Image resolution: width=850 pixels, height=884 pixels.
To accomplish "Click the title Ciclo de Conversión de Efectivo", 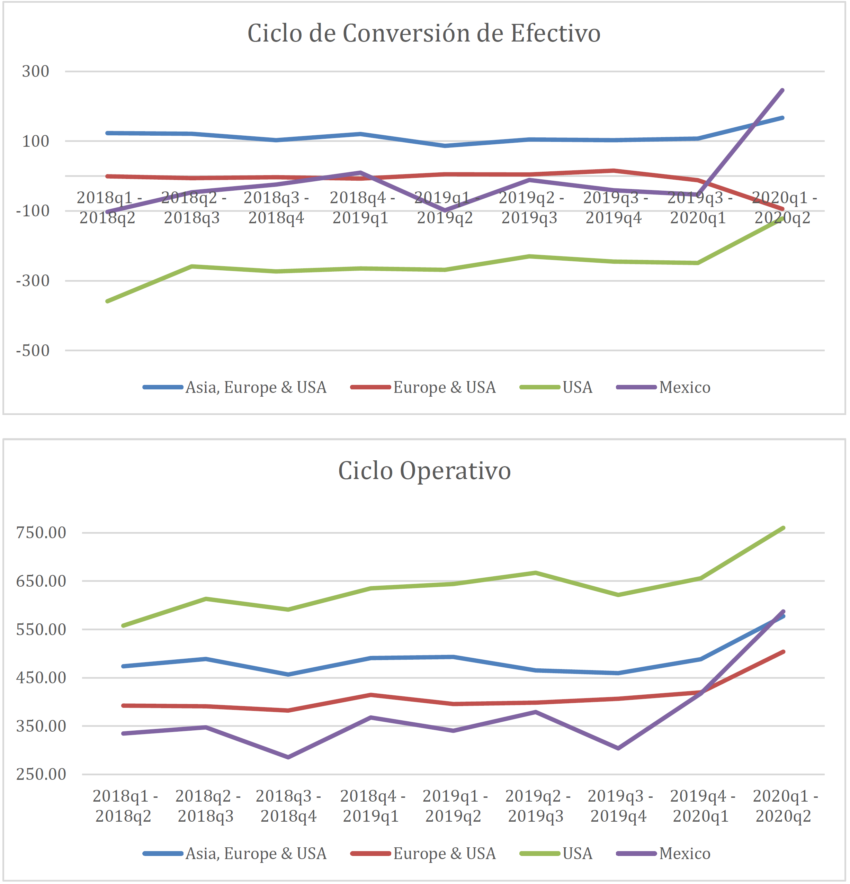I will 424,33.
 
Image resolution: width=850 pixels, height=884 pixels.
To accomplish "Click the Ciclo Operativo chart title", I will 424,471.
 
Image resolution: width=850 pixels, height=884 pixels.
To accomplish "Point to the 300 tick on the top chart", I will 36,71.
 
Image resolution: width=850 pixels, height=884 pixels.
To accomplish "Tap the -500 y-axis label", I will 33,350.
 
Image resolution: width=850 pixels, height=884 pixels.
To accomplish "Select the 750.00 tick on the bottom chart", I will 41,533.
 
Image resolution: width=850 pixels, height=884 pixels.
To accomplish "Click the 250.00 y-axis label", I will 41,774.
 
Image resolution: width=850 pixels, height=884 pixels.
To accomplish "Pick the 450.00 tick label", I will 41,677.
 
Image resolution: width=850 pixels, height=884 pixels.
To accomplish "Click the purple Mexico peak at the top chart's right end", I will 782,91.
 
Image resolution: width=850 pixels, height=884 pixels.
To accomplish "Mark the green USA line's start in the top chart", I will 107,301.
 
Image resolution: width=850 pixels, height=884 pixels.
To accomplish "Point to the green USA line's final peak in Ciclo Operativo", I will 783,528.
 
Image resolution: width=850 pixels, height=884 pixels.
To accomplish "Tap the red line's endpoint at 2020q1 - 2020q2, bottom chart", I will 783,652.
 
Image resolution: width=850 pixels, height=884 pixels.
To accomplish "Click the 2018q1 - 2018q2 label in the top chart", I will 107,207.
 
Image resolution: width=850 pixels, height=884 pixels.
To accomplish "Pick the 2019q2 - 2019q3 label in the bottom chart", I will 536,806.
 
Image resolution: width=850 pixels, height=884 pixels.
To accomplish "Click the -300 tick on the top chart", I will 33,281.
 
